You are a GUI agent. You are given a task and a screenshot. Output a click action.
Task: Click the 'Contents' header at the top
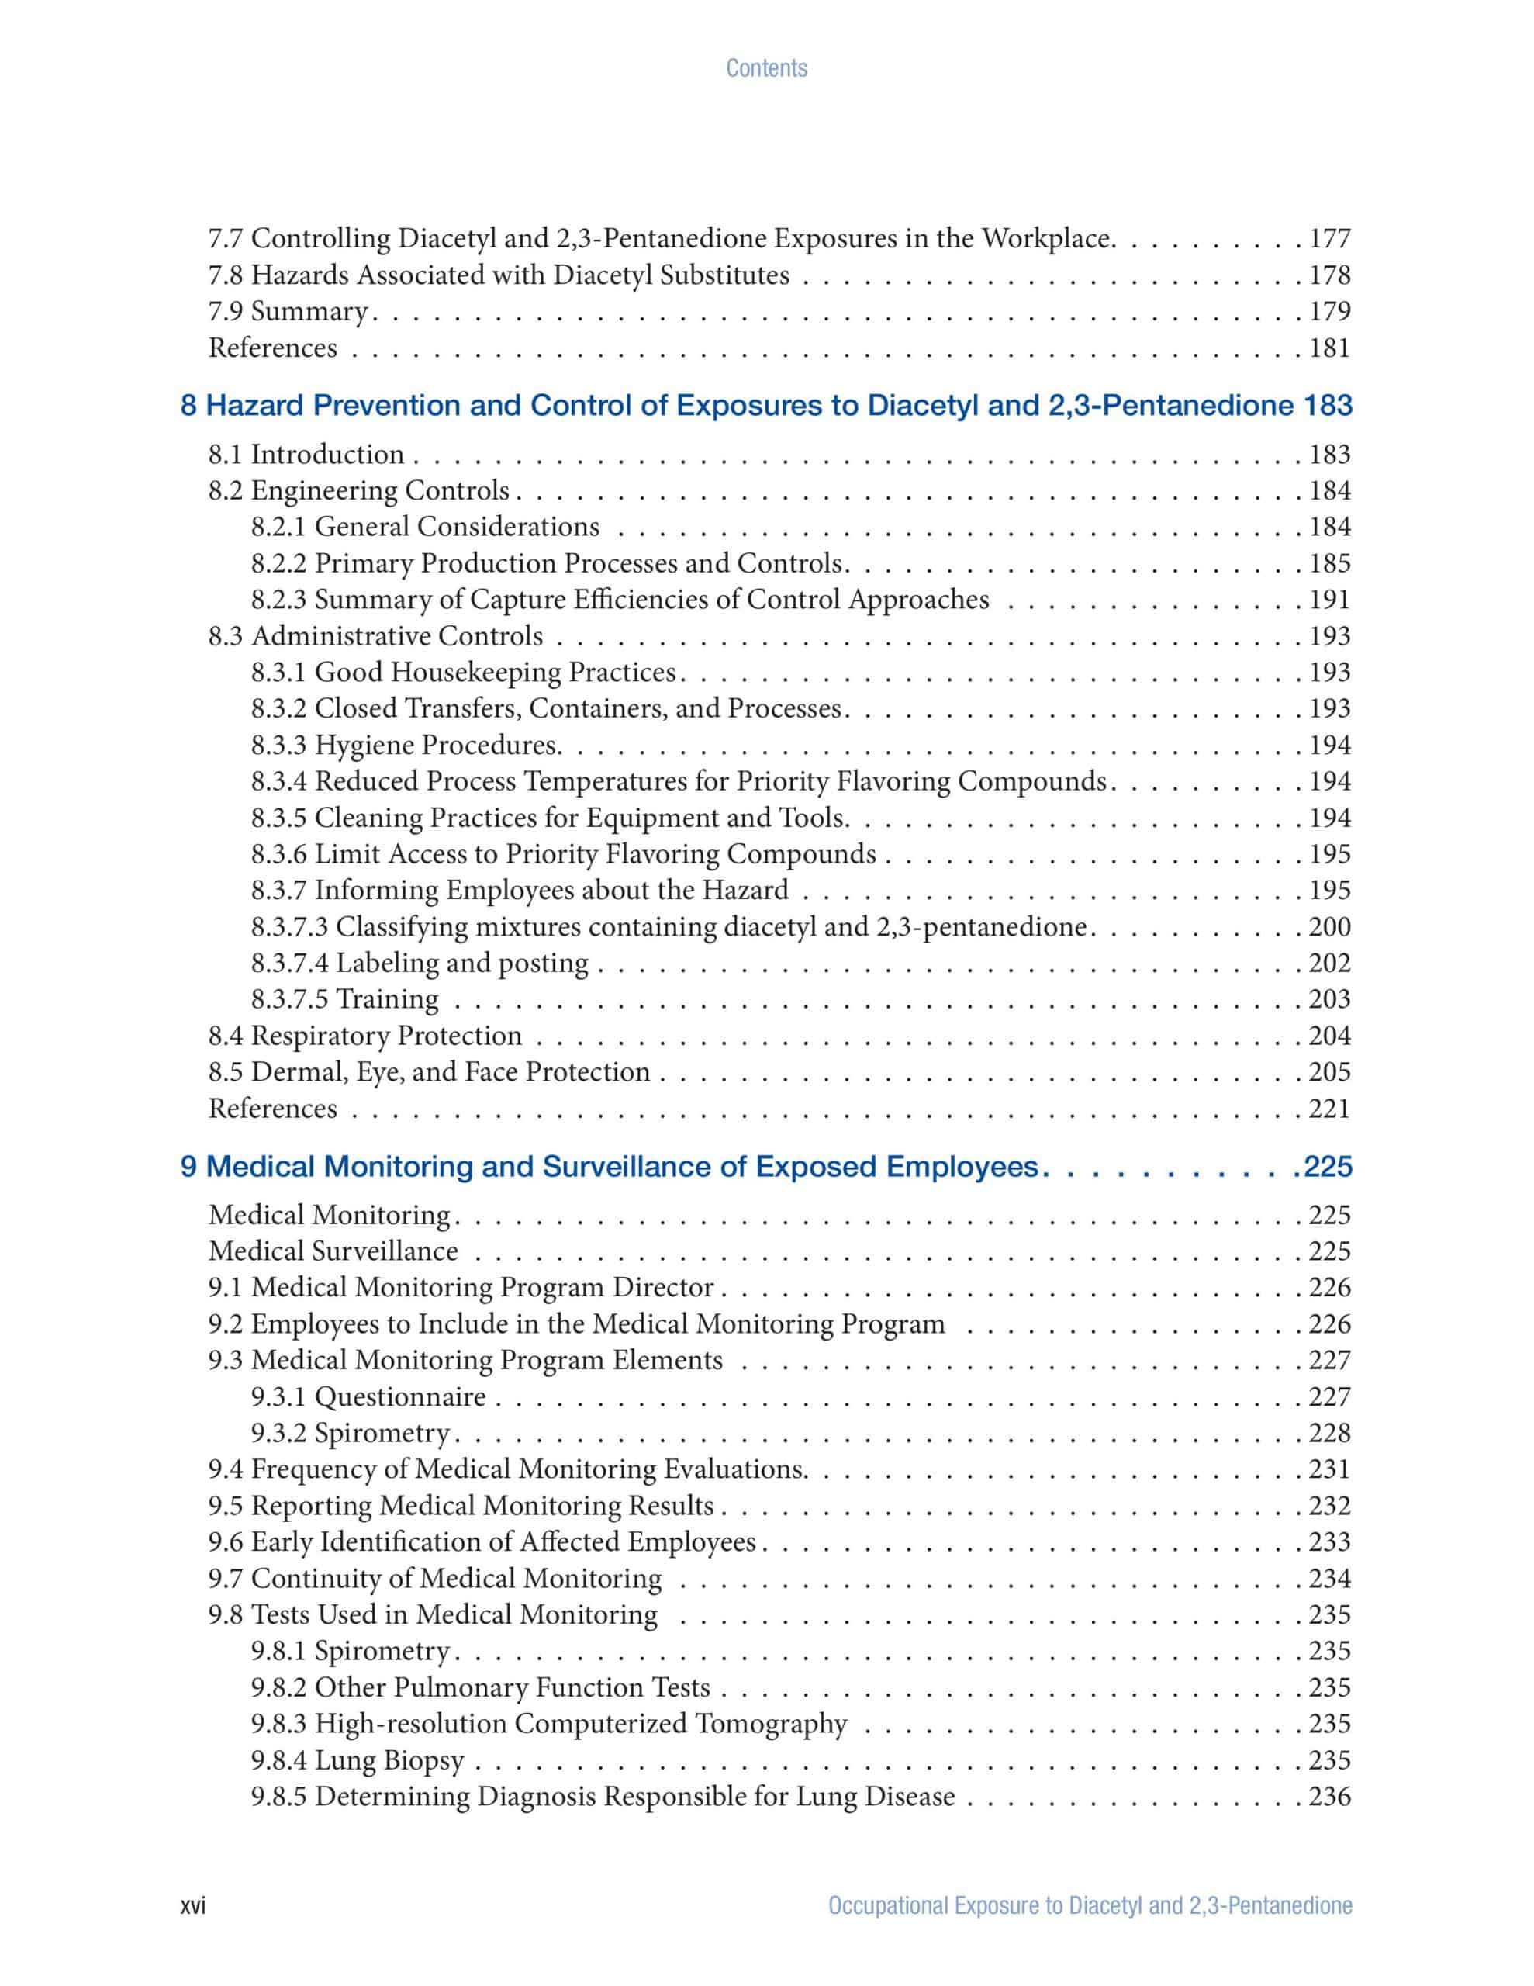(765, 68)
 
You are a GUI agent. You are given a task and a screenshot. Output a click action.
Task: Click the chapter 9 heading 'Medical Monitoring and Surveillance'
(610, 1166)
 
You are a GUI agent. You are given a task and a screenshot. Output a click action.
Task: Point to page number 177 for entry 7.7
(1329, 238)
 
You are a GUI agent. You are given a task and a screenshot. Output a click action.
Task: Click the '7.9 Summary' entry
(288, 311)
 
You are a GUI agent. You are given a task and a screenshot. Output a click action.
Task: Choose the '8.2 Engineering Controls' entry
(358, 490)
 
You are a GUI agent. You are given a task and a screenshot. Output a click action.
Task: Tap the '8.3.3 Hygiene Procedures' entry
(406, 745)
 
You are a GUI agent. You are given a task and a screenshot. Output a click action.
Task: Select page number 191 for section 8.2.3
(1329, 599)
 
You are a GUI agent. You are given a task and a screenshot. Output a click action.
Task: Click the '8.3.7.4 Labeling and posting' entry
(420, 963)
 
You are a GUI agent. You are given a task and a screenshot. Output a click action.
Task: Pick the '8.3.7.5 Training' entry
(344, 999)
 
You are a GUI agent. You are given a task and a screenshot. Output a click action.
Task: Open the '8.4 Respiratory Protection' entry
(364, 1036)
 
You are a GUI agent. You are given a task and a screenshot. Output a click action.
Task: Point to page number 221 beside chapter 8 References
(1329, 1109)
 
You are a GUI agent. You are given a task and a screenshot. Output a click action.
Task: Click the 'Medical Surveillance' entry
(333, 1251)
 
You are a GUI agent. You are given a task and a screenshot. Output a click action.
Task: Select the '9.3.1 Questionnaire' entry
(368, 1396)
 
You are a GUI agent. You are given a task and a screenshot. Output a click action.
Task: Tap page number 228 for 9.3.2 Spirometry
(1329, 1433)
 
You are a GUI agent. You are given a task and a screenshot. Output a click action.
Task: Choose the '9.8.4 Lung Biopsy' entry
(358, 1760)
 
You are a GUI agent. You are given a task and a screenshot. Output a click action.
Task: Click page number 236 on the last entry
(1329, 1797)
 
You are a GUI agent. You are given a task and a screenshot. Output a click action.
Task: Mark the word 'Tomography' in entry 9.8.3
(771, 1724)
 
